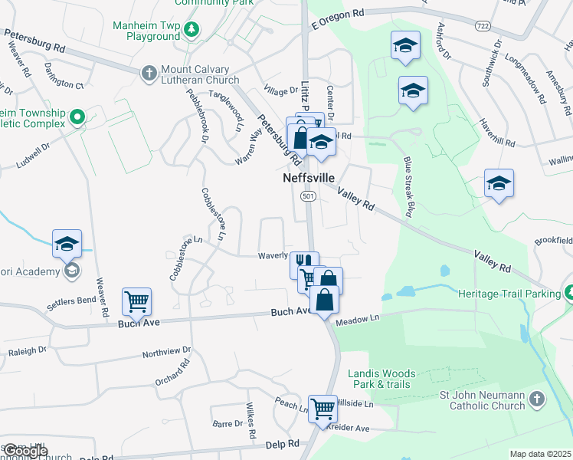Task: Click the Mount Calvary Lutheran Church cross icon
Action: coord(149,74)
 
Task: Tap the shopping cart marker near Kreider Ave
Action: coord(323,408)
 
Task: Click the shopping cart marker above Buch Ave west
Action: coord(136,301)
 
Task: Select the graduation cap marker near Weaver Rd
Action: coord(67,243)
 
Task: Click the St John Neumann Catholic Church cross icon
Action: coord(537,399)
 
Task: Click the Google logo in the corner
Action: coord(25,451)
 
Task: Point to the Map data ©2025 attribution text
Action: coord(540,454)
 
